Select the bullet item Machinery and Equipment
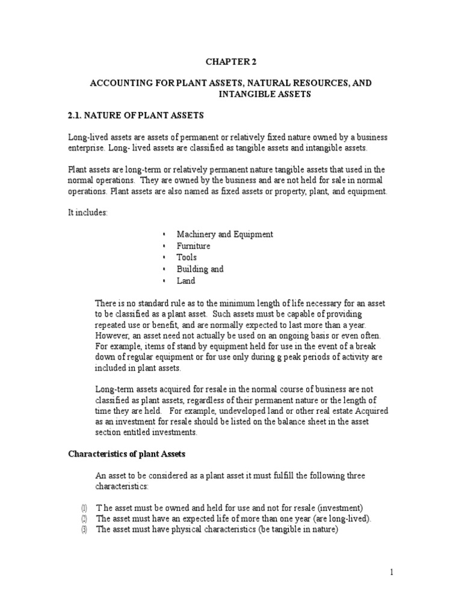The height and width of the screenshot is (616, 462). (x=224, y=234)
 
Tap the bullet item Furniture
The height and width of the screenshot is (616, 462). (x=193, y=246)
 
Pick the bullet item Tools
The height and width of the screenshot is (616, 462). (x=186, y=257)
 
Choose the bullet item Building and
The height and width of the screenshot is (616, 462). (x=200, y=269)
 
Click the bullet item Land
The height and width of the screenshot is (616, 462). (x=186, y=280)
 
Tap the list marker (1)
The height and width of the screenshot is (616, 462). (x=85, y=508)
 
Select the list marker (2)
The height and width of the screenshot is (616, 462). (x=85, y=519)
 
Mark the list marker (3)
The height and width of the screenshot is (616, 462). (x=85, y=529)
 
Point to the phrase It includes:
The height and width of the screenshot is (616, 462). (x=87, y=214)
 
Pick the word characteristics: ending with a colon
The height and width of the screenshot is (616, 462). (x=121, y=486)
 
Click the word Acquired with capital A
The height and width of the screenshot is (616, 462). (x=369, y=410)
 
